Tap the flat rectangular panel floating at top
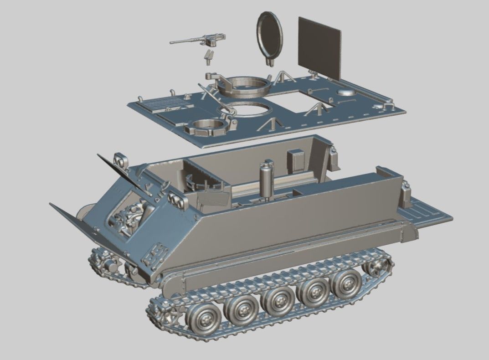[x=319, y=48]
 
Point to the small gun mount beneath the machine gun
[x=208, y=57]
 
